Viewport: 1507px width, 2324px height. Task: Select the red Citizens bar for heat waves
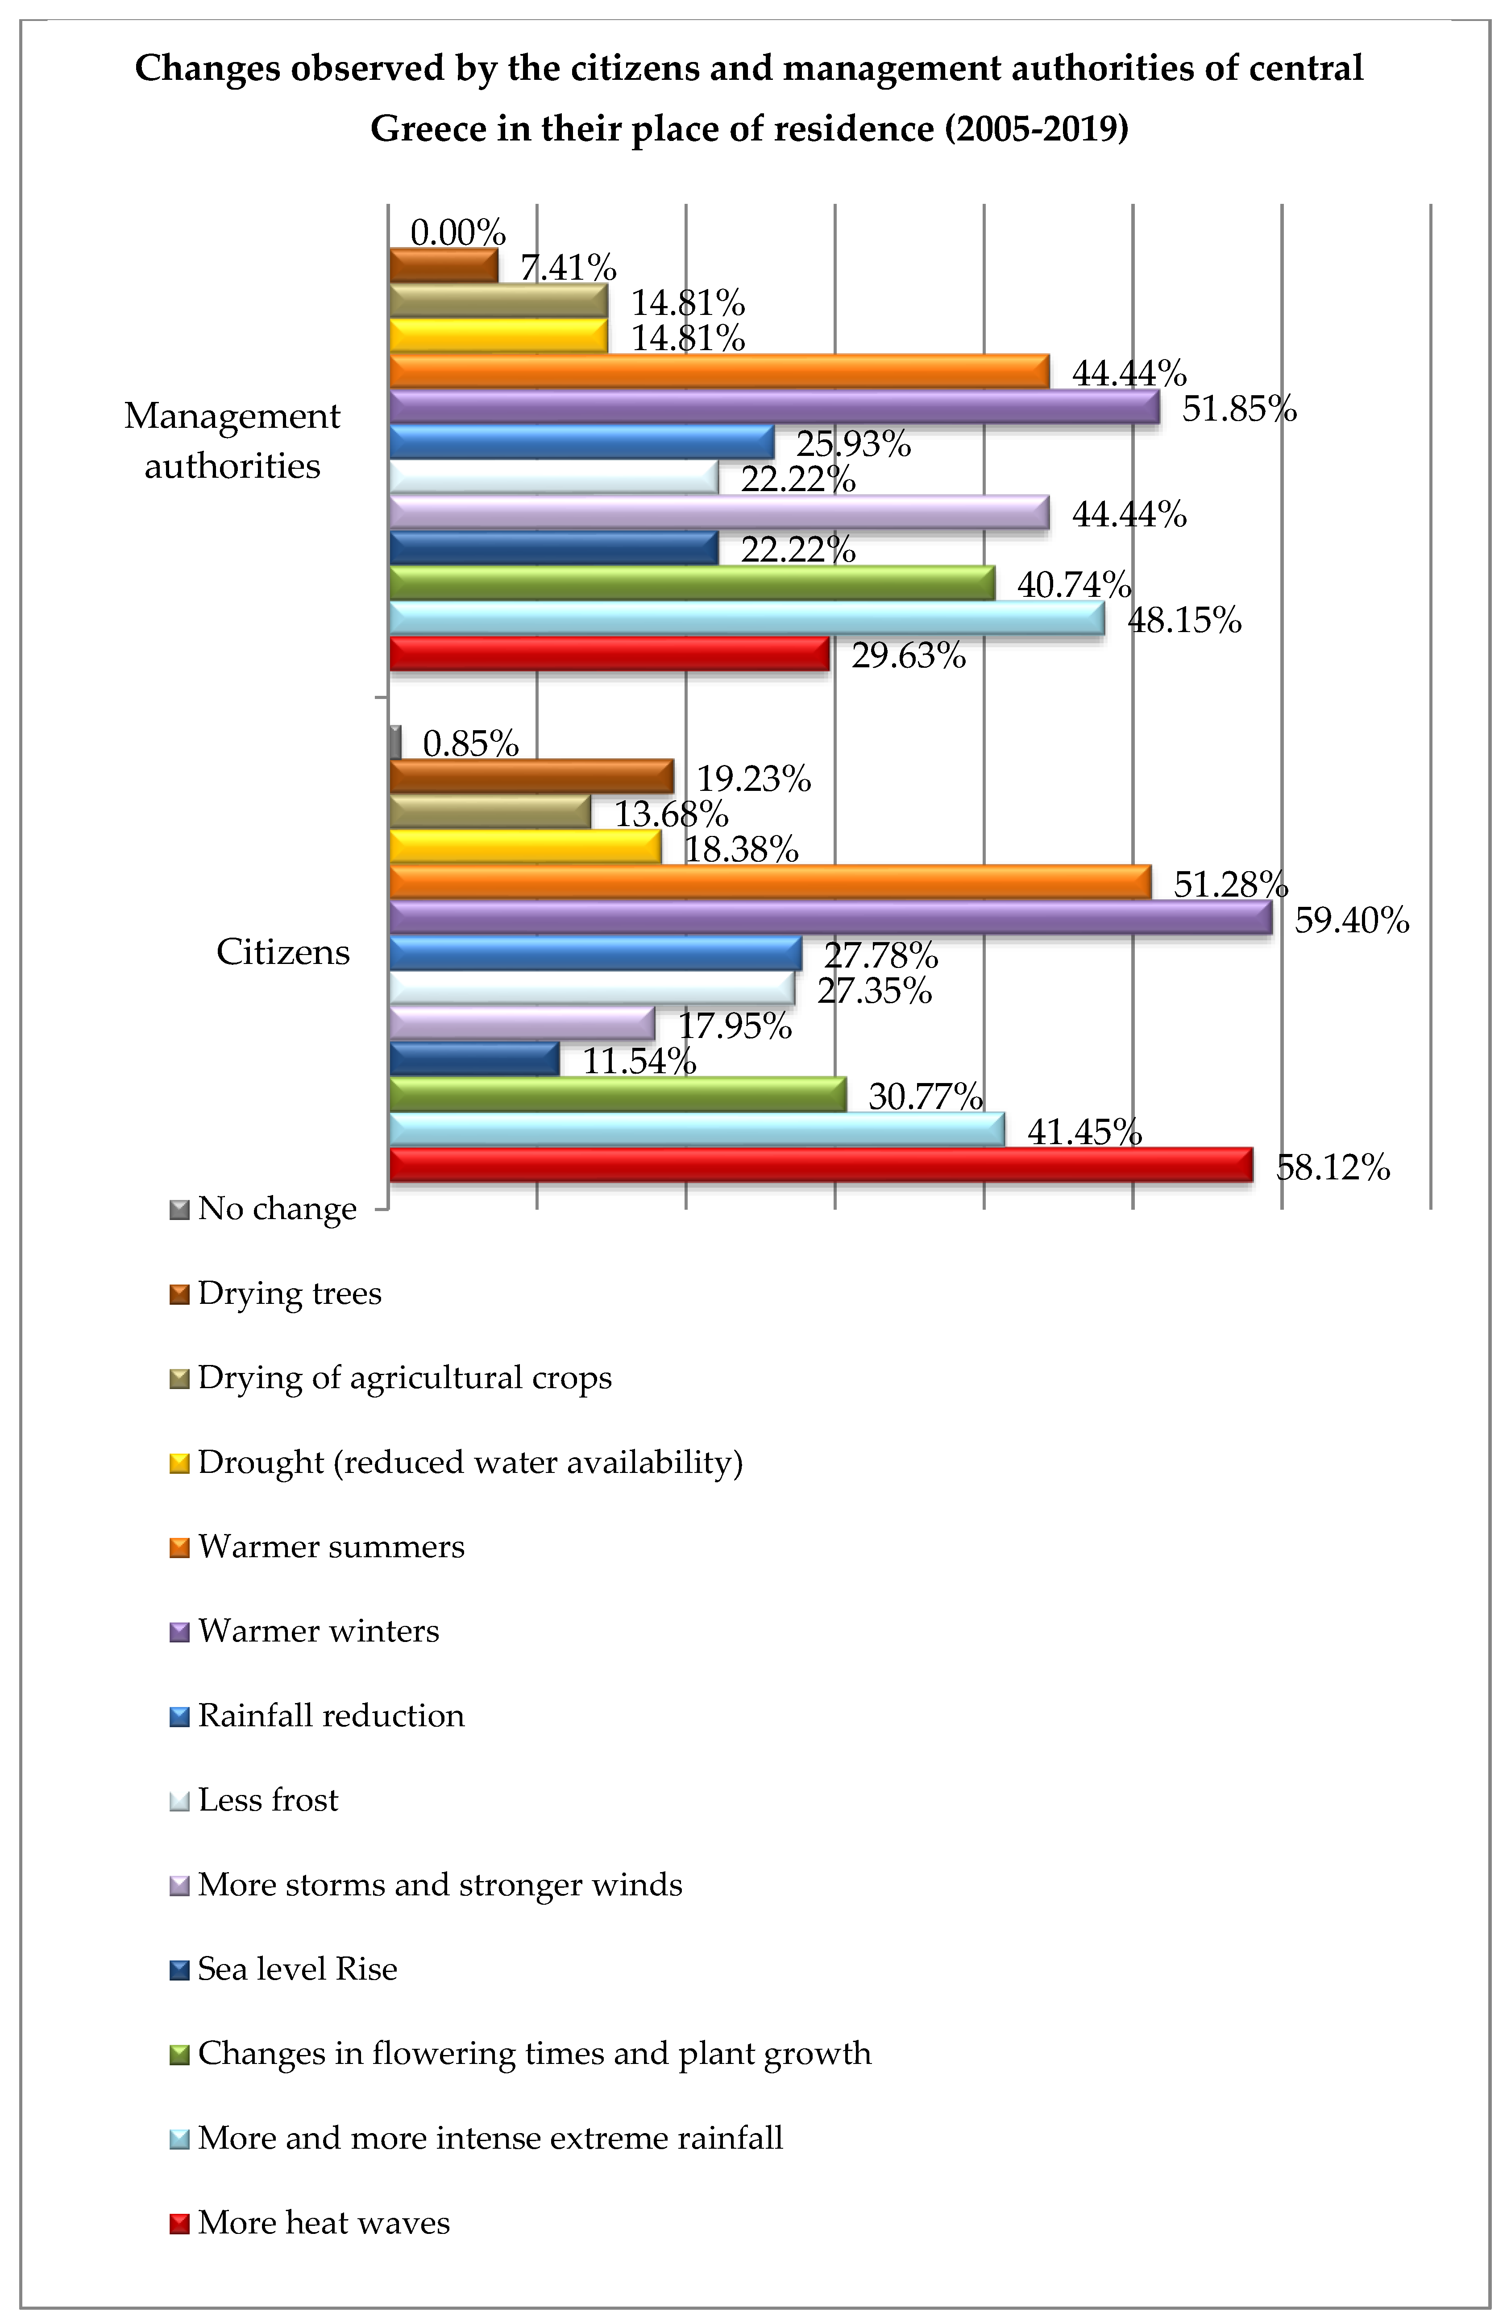coord(820,1165)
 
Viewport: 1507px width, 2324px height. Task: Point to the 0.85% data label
coord(470,744)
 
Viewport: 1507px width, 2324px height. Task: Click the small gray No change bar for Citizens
coord(394,742)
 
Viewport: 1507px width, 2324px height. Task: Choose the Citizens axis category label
coord(282,952)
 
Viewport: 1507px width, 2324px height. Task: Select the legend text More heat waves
coord(323,2224)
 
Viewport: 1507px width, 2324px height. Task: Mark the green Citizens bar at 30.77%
coord(617,1094)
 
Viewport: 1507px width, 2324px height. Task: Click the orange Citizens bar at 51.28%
coord(770,882)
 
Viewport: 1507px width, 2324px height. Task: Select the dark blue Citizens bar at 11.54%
coord(473,1059)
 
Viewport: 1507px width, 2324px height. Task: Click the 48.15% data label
coord(1184,619)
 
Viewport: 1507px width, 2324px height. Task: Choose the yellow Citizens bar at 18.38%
coord(524,847)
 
